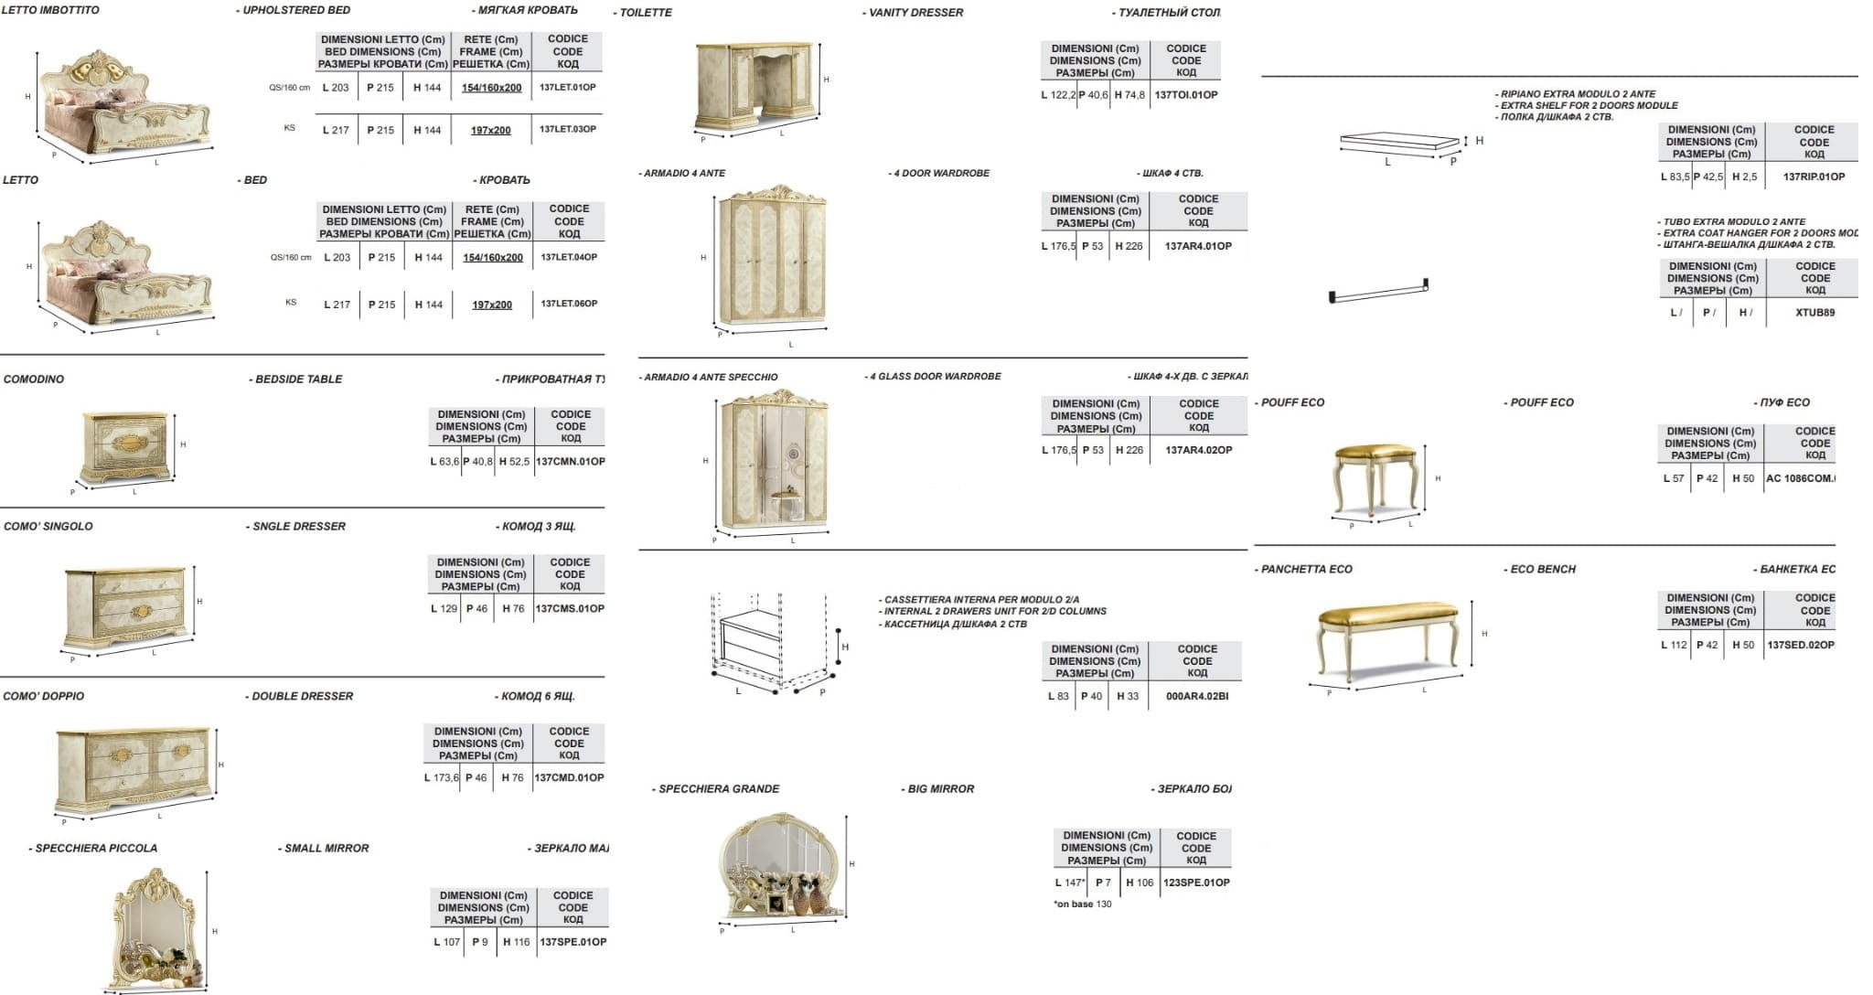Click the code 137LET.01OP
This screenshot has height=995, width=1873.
pos(567,88)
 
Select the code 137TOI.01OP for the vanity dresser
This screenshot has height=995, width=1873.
pos(1185,95)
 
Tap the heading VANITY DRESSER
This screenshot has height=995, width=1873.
pos(914,13)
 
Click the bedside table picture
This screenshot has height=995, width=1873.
pos(125,446)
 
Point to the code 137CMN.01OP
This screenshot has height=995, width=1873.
pos(570,462)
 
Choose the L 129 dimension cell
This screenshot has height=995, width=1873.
pos(444,609)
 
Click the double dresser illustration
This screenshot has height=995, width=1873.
pos(134,768)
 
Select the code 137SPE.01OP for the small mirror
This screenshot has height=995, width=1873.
pos(573,942)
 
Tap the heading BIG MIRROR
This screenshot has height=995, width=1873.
pos(939,789)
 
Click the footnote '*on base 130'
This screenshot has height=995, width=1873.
pos(1083,904)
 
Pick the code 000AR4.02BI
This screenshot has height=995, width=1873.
pos(1197,697)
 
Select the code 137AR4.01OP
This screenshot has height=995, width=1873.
pos(1198,247)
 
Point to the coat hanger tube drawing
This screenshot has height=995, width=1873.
pos(1378,293)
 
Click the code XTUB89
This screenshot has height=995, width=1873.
pos(1814,313)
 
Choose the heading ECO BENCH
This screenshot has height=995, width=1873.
pos(1542,570)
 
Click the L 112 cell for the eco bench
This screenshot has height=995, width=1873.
pos(1674,646)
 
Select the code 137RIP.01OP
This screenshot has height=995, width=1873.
pos(1814,177)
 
